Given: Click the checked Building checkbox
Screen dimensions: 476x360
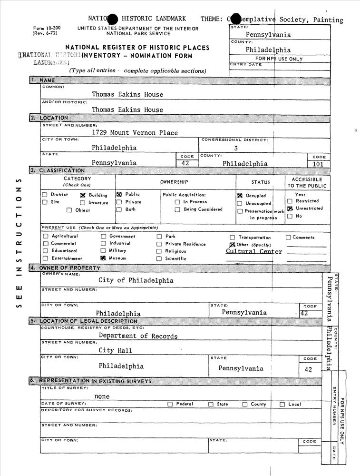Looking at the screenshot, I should point(82,195).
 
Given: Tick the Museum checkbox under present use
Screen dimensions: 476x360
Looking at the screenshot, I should point(103,258).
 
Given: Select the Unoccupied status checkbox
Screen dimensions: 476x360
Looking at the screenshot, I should point(240,204).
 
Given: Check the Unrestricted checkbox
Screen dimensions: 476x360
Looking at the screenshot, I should point(290,208).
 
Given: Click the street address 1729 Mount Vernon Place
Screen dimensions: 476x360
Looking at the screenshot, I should point(135,133).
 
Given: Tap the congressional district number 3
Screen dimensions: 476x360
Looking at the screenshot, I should point(235,149).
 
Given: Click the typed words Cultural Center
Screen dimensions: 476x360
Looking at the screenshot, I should point(254,251).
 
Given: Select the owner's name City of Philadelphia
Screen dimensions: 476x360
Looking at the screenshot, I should point(136,280).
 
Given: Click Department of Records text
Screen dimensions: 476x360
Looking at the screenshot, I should point(138,336).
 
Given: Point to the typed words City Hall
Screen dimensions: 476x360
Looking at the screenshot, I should point(116,351).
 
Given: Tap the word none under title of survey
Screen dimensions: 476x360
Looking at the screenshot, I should point(102,397).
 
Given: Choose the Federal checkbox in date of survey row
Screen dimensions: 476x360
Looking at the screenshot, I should point(170,405).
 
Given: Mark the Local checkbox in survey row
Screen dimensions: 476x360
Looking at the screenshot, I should point(282,405).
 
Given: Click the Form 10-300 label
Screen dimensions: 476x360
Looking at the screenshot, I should point(47,29).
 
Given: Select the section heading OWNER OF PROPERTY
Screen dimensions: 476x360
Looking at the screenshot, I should point(62,268).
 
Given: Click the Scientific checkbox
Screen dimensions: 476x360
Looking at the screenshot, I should point(159,259).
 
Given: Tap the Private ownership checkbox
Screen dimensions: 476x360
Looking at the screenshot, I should point(119,202).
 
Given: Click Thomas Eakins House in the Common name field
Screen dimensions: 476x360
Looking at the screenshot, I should point(127,95).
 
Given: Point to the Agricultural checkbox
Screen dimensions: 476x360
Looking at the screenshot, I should point(45,236).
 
